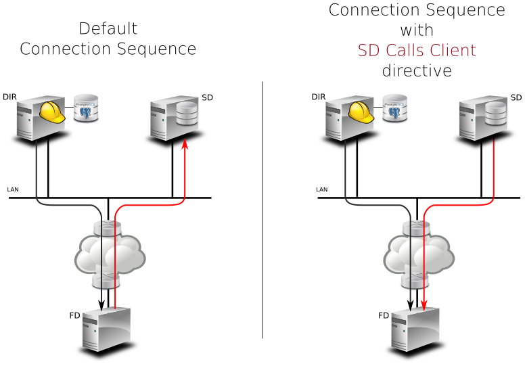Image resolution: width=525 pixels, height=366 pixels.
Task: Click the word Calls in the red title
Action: click(x=407, y=51)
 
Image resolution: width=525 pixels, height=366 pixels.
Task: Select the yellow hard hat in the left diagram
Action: click(x=51, y=112)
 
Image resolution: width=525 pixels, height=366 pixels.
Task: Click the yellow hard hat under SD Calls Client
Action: click(x=361, y=112)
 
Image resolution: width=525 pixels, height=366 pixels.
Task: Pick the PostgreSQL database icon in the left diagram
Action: click(x=86, y=108)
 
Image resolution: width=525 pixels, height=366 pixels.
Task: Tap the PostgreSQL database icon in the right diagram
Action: click(x=395, y=108)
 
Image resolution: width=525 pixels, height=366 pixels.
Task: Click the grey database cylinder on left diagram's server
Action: click(x=186, y=114)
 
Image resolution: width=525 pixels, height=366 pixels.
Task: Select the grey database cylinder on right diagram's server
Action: click(x=495, y=114)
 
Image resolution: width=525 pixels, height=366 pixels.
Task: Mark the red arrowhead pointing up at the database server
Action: click(x=185, y=146)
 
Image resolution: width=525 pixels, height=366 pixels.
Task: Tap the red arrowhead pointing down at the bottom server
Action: click(x=424, y=305)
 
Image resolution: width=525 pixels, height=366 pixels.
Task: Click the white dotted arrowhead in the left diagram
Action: click(x=159, y=148)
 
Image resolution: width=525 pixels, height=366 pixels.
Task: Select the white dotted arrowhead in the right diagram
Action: click(x=468, y=148)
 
